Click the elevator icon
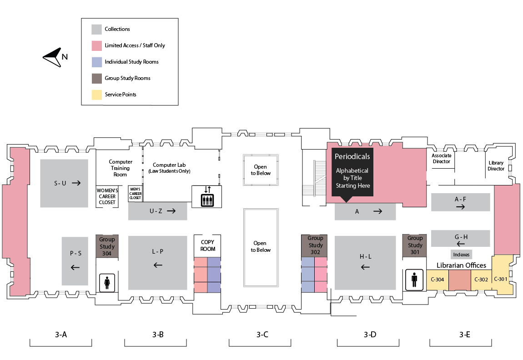(x=207, y=196)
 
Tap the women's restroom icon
(x=107, y=283)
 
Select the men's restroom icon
(x=414, y=280)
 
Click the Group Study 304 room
(x=107, y=246)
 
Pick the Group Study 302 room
(x=315, y=245)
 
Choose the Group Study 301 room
(x=415, y=245)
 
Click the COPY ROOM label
(x=207, y=245)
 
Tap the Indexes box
(x=461, y=255)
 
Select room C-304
(x=437, y=280)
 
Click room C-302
(x=481, y=280)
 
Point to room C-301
(x=501, y=279)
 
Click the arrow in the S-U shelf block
(x=76, y=183)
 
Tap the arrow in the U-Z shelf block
(x=171, y=211)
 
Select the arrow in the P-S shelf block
(x=75, y=267)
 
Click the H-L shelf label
(x=365, y=257)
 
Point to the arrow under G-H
(x=461, y=244)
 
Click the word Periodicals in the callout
(x=352, y=156)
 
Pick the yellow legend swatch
(x=96, y=95)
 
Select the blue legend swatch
(x=96, y=62)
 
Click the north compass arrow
(x=52, y=57)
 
